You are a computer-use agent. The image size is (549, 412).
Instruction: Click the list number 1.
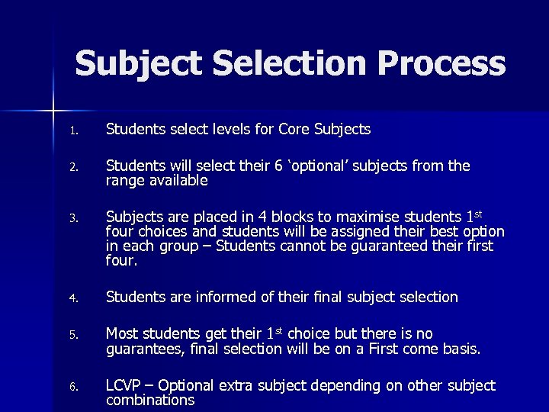click(73, 130)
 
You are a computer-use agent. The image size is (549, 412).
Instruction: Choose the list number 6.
click(73, 386)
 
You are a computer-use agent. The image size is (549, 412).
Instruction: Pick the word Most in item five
click(122, 333)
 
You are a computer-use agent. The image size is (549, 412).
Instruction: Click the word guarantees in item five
click(143, 349)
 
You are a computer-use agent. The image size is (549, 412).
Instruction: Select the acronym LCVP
click(125, 385)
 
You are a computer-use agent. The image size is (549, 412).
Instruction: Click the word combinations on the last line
click(149, 400)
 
